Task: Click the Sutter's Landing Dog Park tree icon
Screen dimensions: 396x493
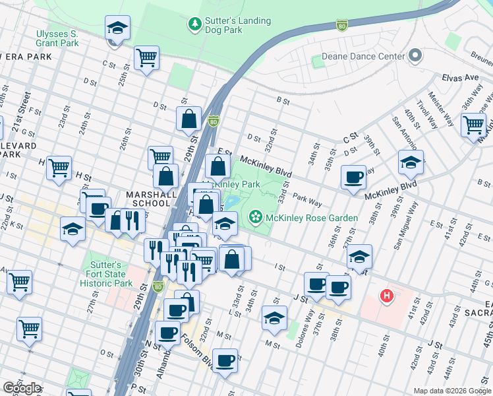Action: (195, 25)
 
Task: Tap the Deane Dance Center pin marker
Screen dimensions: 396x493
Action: (415, 56)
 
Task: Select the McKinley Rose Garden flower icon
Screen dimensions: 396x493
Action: (255, 217)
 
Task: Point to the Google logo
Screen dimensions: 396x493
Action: (21, 388)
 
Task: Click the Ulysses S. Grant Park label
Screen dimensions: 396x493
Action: (56, 38)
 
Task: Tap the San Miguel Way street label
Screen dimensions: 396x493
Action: (407, 224)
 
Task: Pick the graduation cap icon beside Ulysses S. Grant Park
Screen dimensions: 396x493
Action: (117, 28)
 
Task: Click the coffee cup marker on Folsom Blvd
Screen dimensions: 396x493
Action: (225, 360)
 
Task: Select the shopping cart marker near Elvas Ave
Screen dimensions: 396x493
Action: (473, 124)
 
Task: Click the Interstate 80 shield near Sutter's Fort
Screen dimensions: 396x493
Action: (158, 286)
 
